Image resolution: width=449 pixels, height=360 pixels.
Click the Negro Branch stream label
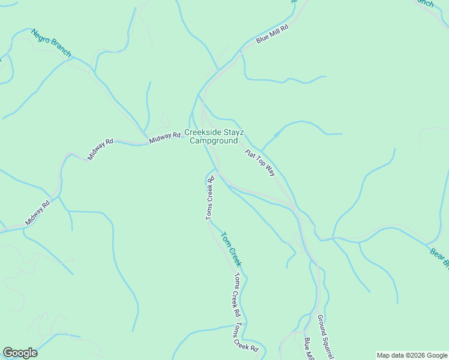click(x=51, y=43)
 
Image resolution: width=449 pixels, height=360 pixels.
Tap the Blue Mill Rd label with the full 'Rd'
click(x=273, y=34)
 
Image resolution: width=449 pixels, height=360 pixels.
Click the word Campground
click(x=214, y=141)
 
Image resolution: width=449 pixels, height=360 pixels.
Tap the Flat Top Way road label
click(x=260, y=162)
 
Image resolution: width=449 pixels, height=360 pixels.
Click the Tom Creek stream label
click(x=232, y=249)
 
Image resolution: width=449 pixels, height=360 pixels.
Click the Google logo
click(x=20, y=353)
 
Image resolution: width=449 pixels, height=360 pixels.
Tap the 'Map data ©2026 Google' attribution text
click(x=412, y=355)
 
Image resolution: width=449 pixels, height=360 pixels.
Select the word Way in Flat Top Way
click(x=270, y=170)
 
